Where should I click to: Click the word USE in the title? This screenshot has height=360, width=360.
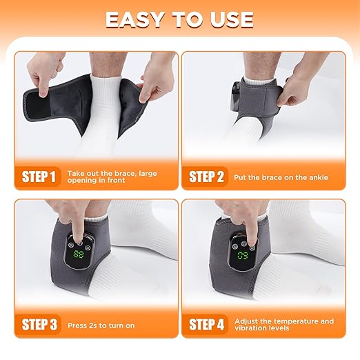pos(230,20)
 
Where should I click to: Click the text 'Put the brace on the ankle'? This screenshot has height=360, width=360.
pos(280,177)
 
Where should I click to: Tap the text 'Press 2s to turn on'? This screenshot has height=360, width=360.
pos(101,323)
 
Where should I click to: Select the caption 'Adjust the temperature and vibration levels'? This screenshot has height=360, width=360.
pos(283,323)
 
